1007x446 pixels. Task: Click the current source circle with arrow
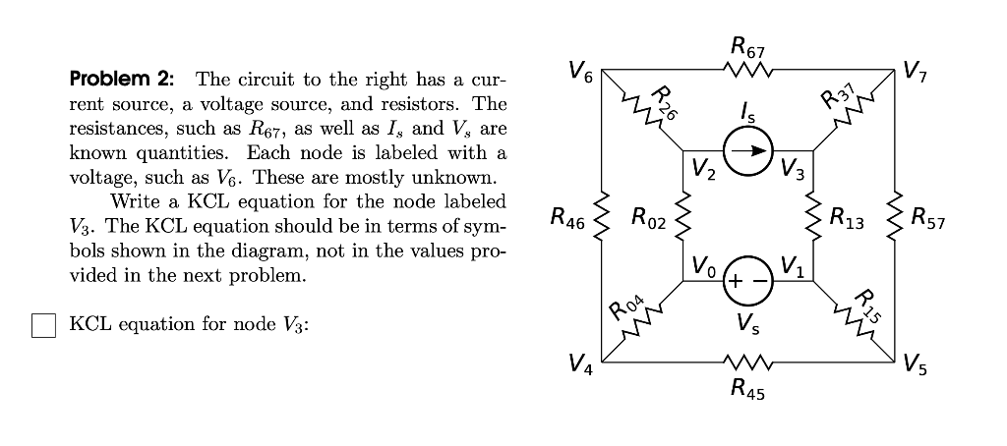[x=750, y=152]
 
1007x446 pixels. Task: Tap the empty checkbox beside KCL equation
[x=44, y=325]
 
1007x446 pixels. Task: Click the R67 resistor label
[x=749, y=43]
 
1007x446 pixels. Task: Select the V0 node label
[x=702, y=265]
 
